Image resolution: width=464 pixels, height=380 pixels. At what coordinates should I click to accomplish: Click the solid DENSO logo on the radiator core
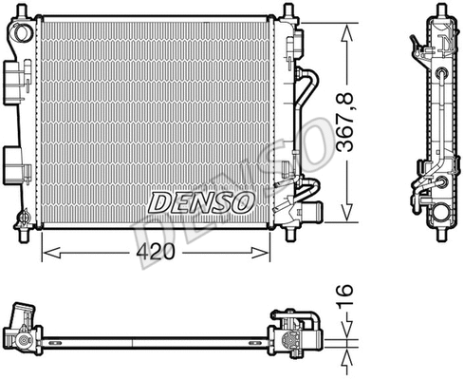[199, 201]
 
